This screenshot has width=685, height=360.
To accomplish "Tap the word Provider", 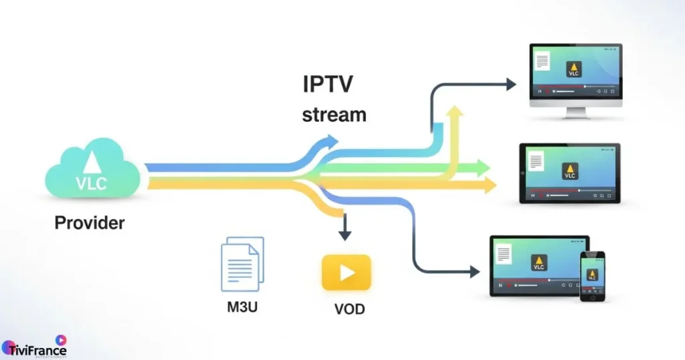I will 90,223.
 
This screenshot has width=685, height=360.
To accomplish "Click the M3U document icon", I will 241,266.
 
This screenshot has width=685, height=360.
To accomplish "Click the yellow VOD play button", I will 346,272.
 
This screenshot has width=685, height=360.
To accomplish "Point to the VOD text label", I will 349,310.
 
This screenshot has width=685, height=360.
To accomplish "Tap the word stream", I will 334,114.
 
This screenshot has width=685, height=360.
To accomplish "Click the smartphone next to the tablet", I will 592,276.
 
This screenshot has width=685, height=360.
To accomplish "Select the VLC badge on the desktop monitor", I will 573,69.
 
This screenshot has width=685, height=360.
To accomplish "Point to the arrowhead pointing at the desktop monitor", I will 510,84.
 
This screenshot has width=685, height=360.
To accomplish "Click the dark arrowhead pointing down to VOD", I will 345,235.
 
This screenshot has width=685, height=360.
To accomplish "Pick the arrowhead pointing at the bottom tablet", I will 474,272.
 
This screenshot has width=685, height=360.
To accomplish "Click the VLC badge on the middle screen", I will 569,171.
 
